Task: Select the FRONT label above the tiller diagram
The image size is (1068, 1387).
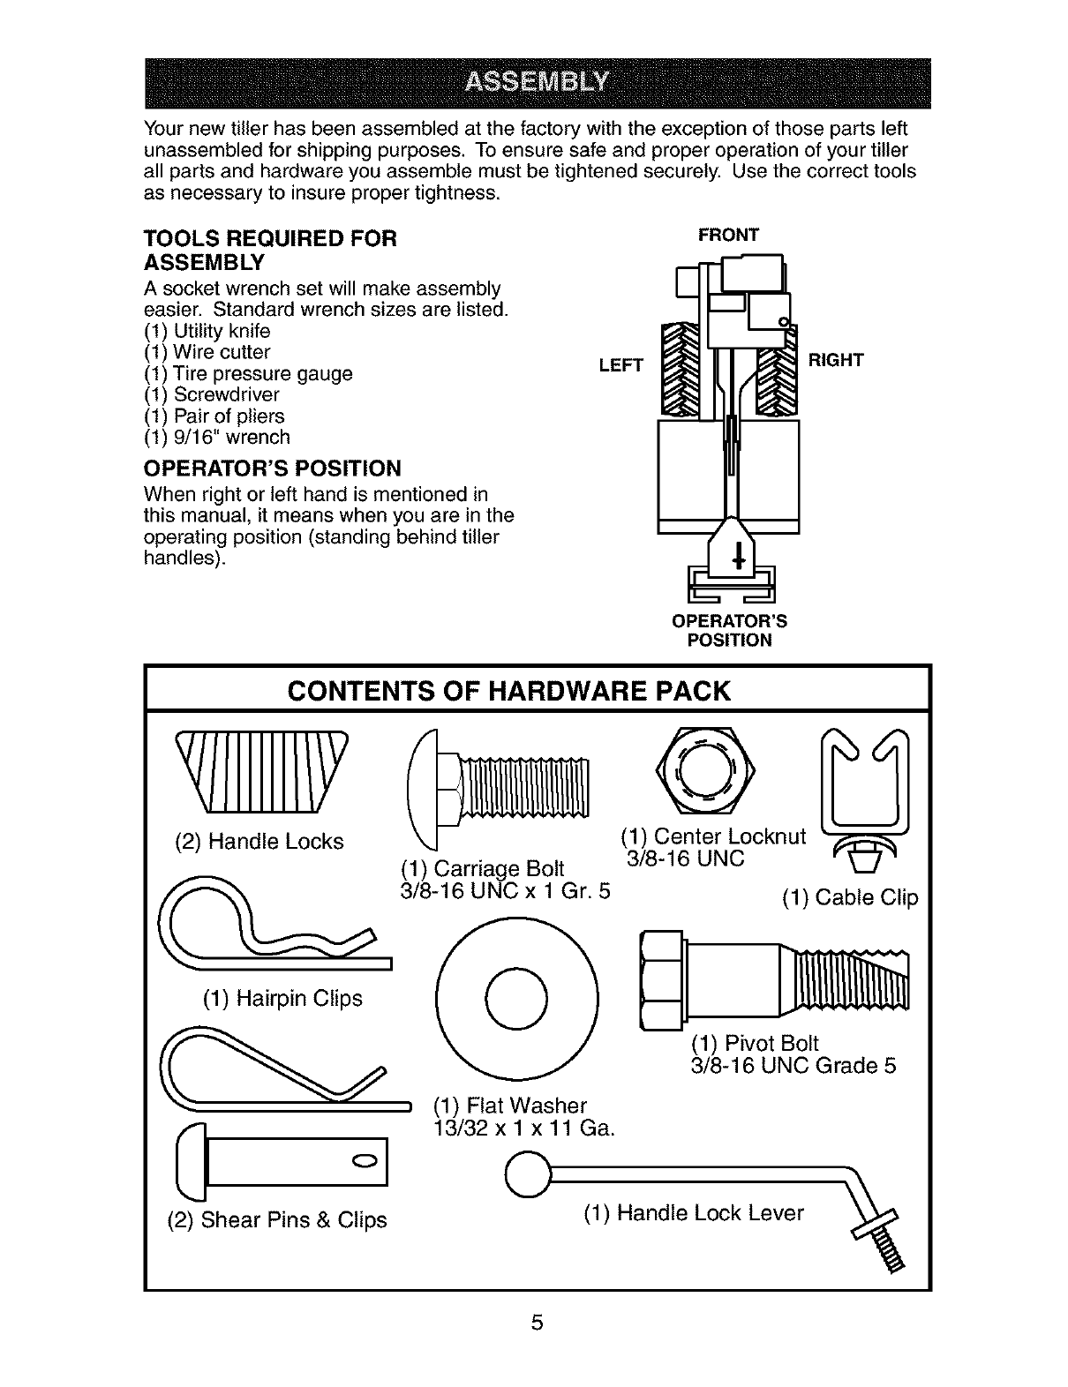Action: tap(728, 235)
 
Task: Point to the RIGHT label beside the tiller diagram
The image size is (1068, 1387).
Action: tap(835, 360)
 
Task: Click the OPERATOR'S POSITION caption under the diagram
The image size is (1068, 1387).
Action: tap(729, 630)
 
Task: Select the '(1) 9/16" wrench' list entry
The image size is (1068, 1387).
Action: tap(216, 437)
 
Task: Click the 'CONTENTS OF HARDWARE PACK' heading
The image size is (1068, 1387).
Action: tap(509, 690)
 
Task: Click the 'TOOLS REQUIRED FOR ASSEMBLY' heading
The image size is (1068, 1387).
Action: tap(270, 250)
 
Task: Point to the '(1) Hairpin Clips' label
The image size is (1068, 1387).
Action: tap(282, 998)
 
